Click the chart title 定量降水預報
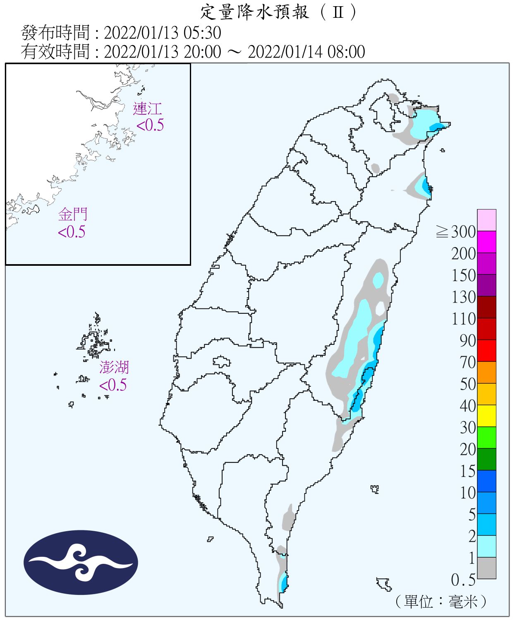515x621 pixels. coord(254,12)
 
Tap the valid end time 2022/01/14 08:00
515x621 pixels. coord(306,52)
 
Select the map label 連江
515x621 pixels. coord(147,109)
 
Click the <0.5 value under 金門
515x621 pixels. coord(72,232)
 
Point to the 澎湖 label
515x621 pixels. coord(114,367)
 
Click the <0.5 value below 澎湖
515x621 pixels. coord(113,385)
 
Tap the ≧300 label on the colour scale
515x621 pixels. coord(456,232)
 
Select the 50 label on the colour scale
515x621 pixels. coord(467,384)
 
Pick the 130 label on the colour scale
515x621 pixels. coord(463,297)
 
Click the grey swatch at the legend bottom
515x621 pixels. coord(486,568)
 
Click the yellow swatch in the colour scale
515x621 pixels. coord(486,416)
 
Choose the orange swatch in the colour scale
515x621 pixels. coord(486,372)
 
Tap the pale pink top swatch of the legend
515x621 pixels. coord(486,220)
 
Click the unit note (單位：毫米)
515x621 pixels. coord(441,601)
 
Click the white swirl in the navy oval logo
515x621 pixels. coord(81,563)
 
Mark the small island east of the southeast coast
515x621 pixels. coord(375,489)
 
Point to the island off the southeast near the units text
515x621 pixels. coord(384,584)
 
